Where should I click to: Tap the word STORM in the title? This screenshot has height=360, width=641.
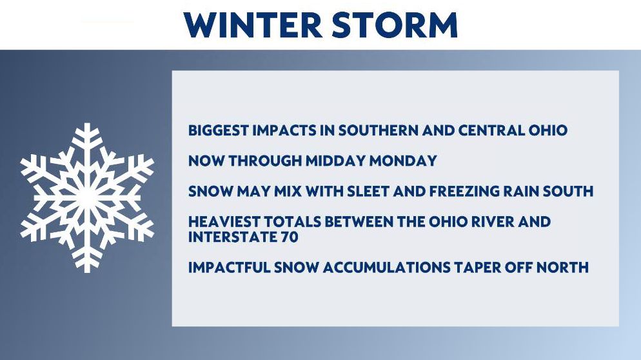pos(394,25)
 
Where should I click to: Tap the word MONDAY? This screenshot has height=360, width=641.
pos(408,161)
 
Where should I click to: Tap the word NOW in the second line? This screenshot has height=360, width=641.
pos(203,161)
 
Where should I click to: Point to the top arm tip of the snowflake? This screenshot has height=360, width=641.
pos(86,127)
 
